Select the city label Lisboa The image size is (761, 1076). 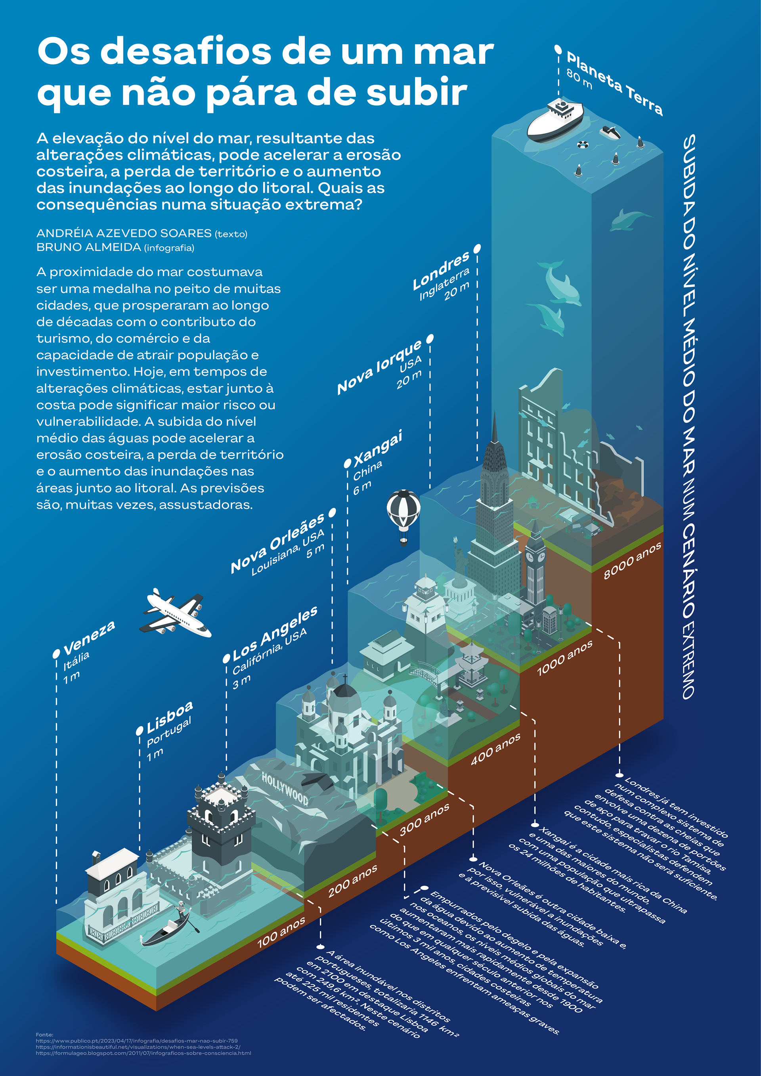coord(169,717)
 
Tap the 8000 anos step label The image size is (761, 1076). coord(632,560)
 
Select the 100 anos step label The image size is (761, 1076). coord(281,933)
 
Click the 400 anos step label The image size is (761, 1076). coord(495,749)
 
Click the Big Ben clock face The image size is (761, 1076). coord(530,557)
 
